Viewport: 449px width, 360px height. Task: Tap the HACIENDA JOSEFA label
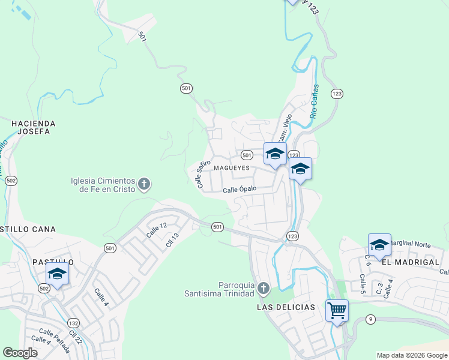[x=33, y=127]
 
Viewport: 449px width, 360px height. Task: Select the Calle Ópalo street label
[x=240, y=189]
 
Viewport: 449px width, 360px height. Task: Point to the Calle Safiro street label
[x=203, y=173]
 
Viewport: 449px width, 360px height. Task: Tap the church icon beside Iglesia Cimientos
[x=143, y=184]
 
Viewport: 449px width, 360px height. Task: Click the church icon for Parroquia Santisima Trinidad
[x=262, y=290]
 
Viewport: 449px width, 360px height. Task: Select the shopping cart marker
[x=337, y=310]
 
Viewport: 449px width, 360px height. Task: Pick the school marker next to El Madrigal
[x=379, y=245]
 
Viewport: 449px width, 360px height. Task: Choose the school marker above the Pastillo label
[x=57, y=274]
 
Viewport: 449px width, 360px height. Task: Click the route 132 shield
[x=73, y=322]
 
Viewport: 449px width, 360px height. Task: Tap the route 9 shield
[x=371, y=319]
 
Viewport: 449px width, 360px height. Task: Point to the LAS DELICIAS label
[x=286, y=307]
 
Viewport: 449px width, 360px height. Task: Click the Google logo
[x=20, y=353]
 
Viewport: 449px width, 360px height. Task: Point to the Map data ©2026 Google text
[x=412, y=355]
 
